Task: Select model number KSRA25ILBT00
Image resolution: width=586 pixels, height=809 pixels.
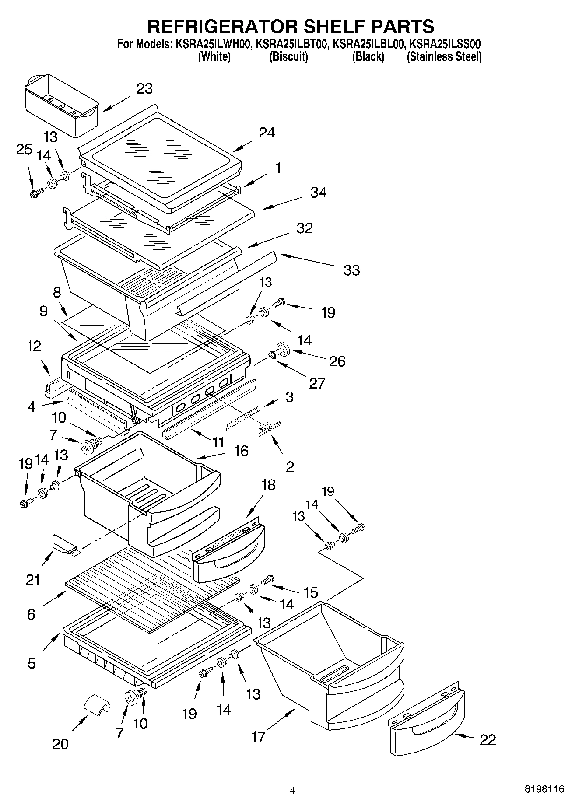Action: tap(292, 44)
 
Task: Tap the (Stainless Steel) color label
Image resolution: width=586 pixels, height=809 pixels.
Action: tap(444, 56)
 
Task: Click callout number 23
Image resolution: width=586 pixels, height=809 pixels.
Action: tap(144, 89)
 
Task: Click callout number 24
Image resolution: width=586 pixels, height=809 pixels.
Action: tap(267, 133)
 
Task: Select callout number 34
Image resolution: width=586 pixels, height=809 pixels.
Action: tap(318, 193)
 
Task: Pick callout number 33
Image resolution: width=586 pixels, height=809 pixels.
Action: tap(351, 270)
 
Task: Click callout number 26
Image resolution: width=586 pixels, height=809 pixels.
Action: tap(337, 361)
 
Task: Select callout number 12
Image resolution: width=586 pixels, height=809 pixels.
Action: tap(34, 347)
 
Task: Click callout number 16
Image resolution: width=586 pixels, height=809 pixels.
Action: tap(241, 451)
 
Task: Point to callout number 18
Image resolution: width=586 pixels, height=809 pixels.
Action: tap(268, 485)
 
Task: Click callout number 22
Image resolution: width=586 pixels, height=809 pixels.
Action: tap(488, 739)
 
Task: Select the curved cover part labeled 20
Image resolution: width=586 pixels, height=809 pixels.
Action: tap(97, 705)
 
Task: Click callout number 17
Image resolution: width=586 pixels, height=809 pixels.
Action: tap(258, 737)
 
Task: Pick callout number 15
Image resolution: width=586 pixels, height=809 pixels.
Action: tap(311, 592)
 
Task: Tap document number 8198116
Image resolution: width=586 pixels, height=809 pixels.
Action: tap(544, 789)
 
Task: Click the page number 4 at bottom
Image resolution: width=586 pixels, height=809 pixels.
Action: tap(292, 790)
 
